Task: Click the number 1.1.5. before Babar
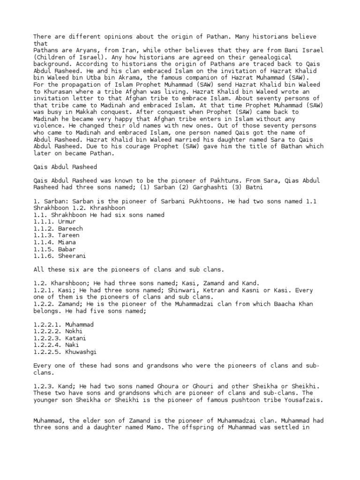click(x=44, y=249)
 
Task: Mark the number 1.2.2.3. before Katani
click(x=47, y=338)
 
